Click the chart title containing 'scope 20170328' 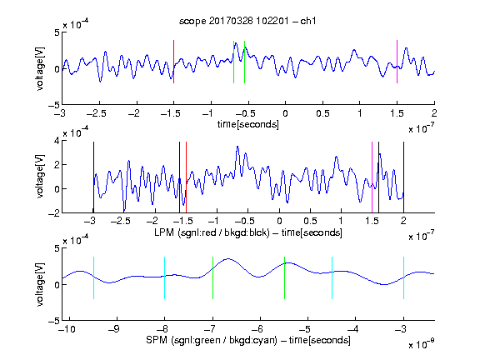point(247,21)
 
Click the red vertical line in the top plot point(174,62)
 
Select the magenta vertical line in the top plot point(397,62)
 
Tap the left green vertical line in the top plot point(233,62)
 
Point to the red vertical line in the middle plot point(186,177)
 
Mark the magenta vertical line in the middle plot point(372,177)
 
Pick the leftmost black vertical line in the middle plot point(93,177)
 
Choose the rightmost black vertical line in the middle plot point(403,177)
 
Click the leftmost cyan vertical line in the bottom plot point(93,277)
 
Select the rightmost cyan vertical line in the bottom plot point(404,277)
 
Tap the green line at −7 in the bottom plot point(212,277)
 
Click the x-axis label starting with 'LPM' point(248,232)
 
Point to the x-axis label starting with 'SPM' point(248,340)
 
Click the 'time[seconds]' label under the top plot point(248,124)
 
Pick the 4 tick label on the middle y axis point(57,141)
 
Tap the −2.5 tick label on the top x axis point(97,113)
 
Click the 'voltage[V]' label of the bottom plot point(40,284)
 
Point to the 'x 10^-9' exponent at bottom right point(421,343)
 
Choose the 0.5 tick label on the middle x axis point(310,221)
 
